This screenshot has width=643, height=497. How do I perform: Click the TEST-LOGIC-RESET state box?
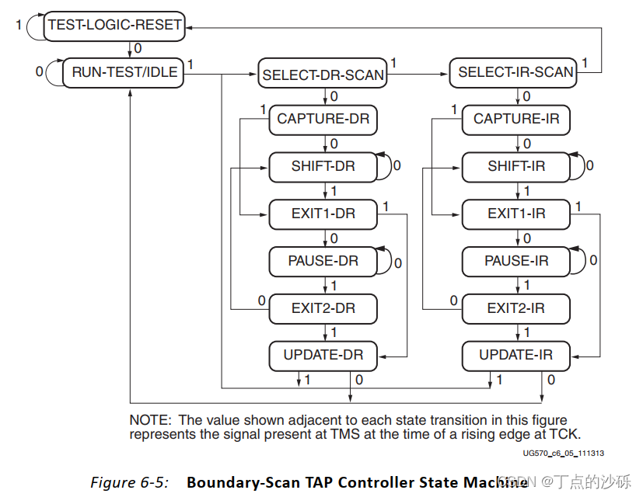(x=114, y=25)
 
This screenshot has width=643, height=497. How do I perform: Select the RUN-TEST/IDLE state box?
(x=124, y=73)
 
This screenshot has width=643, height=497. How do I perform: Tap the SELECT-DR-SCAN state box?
(x=323, y=75)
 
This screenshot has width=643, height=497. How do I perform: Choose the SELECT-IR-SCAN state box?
(x=515, y=73)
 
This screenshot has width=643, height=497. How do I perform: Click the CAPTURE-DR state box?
(x=323, y=120)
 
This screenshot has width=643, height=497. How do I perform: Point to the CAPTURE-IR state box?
(x=516, y=120)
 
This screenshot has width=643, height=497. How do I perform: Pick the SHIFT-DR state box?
(x=323, y=167)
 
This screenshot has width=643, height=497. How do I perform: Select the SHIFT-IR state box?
(x=516, y=167)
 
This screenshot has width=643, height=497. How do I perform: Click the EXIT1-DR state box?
(x=323, y=214)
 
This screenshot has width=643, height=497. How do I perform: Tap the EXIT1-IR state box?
(x=516, y=214)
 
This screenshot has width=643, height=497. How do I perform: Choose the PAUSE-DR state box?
(x=323, y=261)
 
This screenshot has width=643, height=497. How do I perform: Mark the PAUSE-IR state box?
(x=516, y=261)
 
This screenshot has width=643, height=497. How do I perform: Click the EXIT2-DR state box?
(x=323, y=308)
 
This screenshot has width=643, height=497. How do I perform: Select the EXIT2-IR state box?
(x=516, y=308)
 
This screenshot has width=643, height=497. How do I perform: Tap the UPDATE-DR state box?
(x=323, y=356)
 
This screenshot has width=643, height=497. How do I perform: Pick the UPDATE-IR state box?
(x=516, y=356)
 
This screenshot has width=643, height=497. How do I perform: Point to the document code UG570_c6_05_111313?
(x=563, y=453)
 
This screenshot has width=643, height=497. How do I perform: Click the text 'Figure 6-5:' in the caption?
(x=129, y=482)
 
